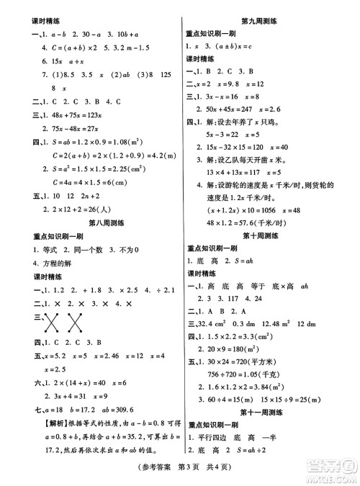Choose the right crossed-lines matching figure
point(72,319)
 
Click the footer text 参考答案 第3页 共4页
point(180,475)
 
